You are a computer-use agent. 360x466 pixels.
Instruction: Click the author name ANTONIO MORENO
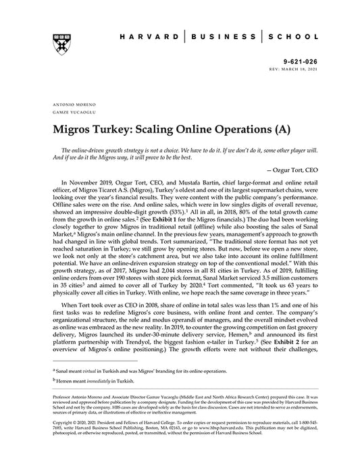[x=71, y=106]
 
